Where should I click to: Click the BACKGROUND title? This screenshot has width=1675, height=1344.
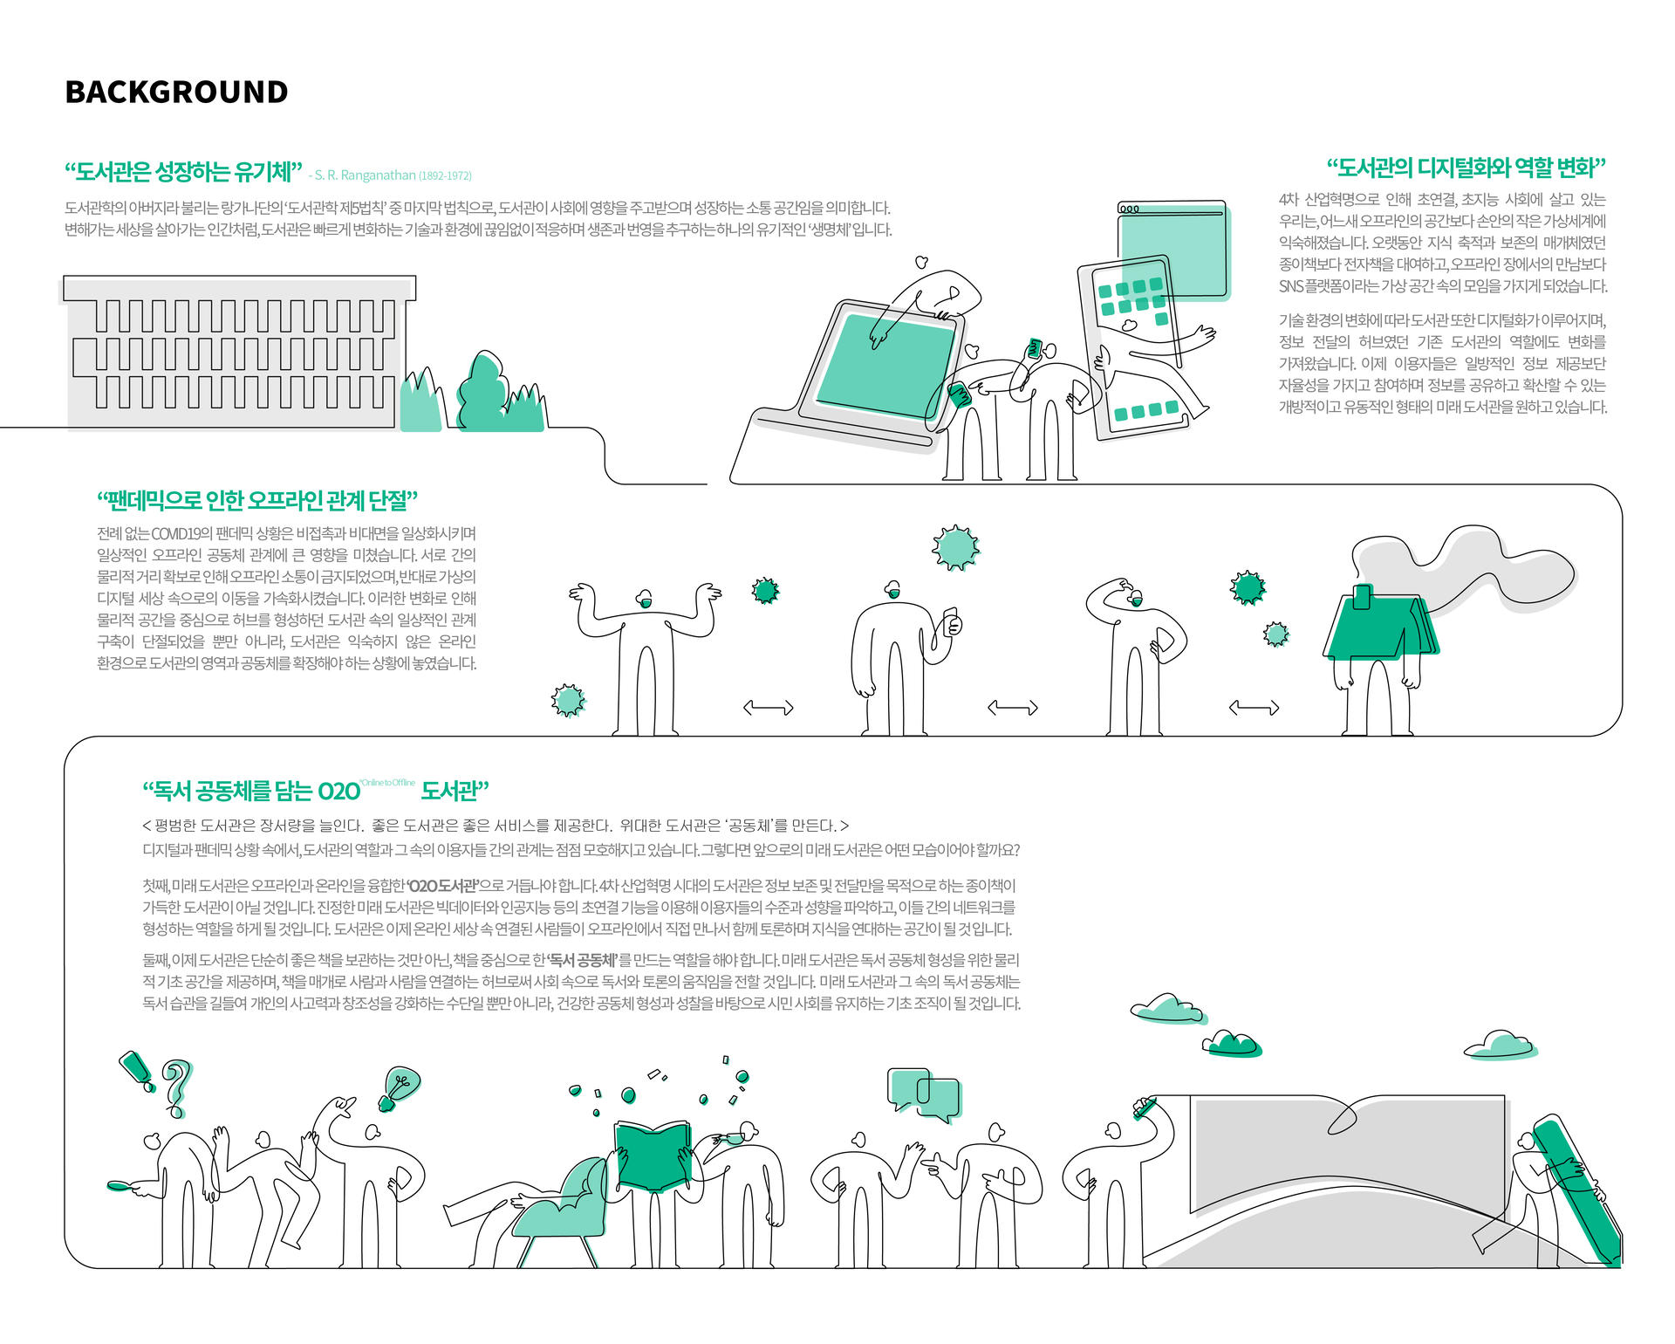click(176, 92)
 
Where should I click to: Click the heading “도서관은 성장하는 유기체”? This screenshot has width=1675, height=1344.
click(183, 171)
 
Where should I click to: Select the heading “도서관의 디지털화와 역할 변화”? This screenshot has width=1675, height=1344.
click(1466, 168)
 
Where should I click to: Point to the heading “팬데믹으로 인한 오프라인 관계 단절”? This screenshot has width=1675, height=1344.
click(257, 501)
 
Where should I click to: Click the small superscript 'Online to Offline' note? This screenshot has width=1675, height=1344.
click(388, 783)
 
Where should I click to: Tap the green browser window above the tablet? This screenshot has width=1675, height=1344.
click(1173, 249)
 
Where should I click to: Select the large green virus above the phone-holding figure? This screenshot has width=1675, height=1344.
click(955, 547)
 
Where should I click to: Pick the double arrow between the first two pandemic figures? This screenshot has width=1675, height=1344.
click(768, 708)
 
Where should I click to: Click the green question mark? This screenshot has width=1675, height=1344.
click(177, 1087)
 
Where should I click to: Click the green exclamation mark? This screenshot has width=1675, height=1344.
click(137, 1070)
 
